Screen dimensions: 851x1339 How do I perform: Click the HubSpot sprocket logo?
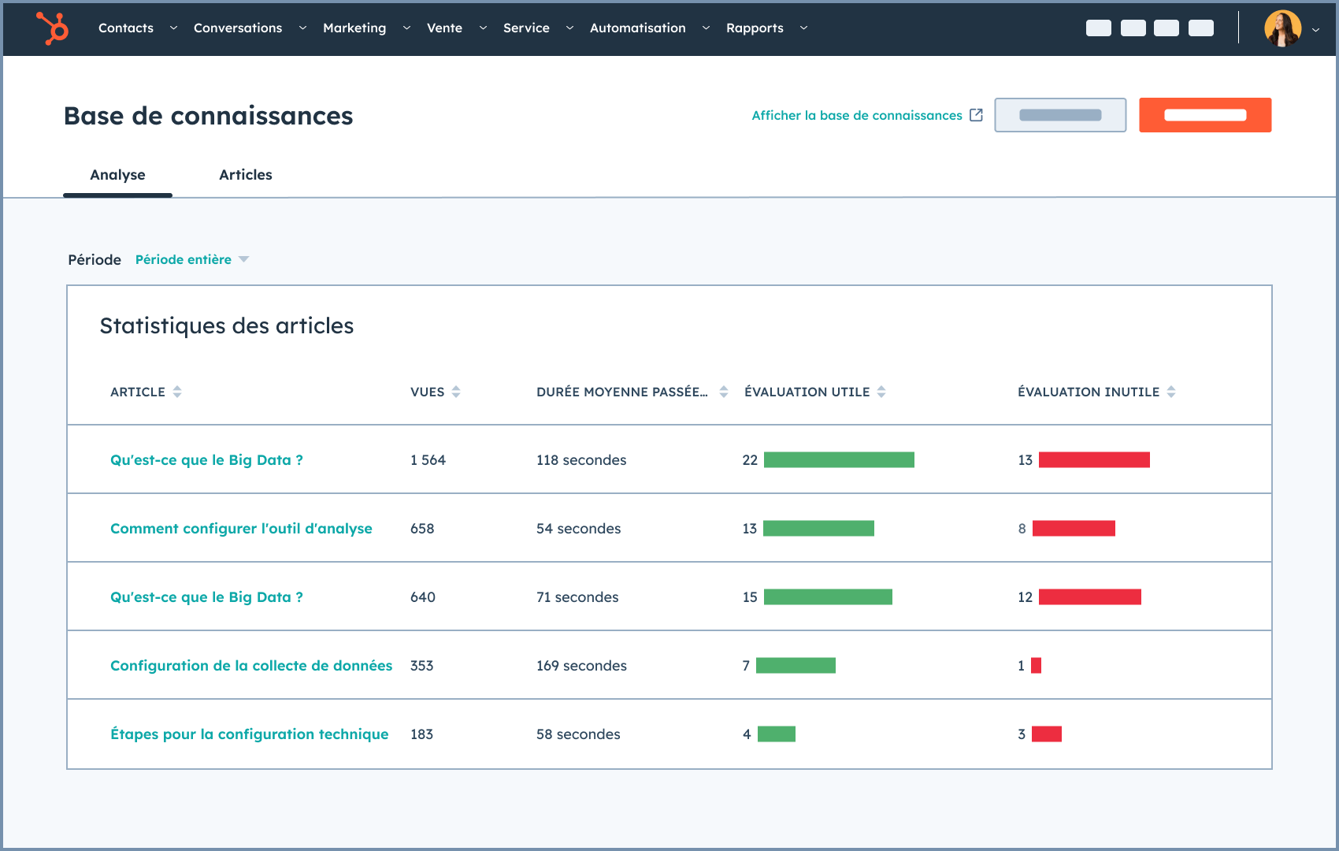click(53, 28)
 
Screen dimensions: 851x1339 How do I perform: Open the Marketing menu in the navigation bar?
click(354, 28)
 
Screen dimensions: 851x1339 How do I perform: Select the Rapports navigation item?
click(755, 28)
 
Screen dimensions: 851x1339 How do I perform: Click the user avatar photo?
click(1282, 28)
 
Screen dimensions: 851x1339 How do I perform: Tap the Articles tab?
click(245, 175)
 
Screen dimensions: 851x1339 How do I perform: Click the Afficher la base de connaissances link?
click(857, 116)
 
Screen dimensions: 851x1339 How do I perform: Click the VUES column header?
click(428, 392)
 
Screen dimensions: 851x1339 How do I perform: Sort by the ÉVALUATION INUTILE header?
click(1089, 392)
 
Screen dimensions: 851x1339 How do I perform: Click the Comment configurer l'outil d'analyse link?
click(241, 529)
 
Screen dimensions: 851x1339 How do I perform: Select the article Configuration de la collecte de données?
click(251, 666)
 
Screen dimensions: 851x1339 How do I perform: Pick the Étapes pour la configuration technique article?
click(250, 734)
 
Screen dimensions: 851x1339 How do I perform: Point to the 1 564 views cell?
click(428, 460)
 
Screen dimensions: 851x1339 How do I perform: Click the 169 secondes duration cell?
click(581, 666)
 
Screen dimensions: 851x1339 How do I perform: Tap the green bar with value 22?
click(839, 460)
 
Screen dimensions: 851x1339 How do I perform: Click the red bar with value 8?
click(1074, 529)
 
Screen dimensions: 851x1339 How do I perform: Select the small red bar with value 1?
click(1036, 666)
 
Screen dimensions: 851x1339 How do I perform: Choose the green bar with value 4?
click(777, 734)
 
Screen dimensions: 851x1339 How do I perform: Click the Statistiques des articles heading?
click(227, 326)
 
